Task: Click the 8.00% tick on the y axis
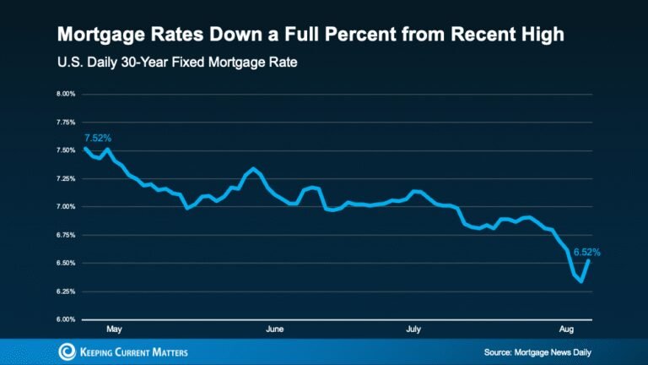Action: coord(66,94)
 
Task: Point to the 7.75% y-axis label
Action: coord(66,122)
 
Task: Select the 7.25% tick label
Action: coord(66,178)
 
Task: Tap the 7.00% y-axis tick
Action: coord(66,206)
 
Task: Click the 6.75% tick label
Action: coord(66,235)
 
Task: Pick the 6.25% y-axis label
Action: coord(66,291)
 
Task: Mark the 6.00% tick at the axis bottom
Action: coord(66,319)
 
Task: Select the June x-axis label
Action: coord(273,328)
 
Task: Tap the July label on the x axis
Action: coord(413,328)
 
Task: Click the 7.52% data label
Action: coord(98,137)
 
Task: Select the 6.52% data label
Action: coord(587,251)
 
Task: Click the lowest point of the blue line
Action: coord(581,282)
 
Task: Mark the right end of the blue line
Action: coord(589,261)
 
